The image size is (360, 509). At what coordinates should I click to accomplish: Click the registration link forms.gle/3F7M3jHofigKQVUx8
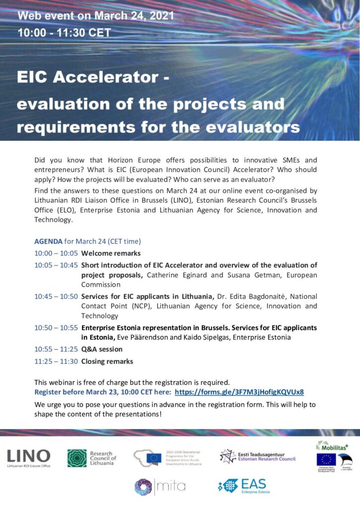(x=239, y=392)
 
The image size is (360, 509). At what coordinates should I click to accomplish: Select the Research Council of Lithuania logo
(x=91, y=458)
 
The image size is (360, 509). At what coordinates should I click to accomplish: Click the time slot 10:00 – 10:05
(x=56, y=254)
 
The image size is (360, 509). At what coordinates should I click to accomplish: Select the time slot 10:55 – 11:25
(x=56, y=349)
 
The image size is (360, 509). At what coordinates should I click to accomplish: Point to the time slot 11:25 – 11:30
(x=56, y=361)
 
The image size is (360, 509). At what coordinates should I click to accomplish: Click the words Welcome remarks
(x=111, y=254)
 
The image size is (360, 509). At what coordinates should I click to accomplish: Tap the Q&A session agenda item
(x=101, y=349)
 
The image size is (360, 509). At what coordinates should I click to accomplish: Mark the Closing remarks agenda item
(x=107, y=361)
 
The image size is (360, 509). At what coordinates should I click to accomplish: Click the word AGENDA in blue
(x=48, y=242)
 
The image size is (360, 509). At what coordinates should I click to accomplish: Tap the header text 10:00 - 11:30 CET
(x=64, y=34)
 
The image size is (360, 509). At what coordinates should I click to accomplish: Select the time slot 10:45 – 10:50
(x=56, y=297)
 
